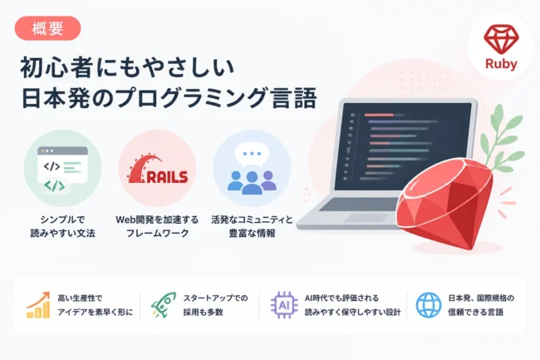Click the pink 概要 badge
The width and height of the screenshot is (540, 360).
point(47,28)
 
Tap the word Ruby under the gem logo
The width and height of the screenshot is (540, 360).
point(501,64)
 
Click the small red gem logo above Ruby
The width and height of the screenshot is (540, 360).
point(501,39)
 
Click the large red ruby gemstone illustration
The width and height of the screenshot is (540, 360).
point(445,203)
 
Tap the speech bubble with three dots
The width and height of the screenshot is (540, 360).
point(251,154)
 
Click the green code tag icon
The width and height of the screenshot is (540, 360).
point(55,186)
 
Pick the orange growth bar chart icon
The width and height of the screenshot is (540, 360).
point(38,304)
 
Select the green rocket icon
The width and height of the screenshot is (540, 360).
point(163,304)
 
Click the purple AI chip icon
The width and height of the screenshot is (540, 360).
point(284,305)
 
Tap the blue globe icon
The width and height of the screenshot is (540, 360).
point(429,305)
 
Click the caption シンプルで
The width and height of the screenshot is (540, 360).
point(62,219)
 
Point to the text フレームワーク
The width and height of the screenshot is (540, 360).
point(157,234)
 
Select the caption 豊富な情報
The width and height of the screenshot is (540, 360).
point(252,234)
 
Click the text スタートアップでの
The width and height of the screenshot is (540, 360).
point(215,298)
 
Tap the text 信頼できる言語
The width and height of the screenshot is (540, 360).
point(475,312)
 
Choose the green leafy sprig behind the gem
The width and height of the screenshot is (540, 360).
point(503,138)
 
